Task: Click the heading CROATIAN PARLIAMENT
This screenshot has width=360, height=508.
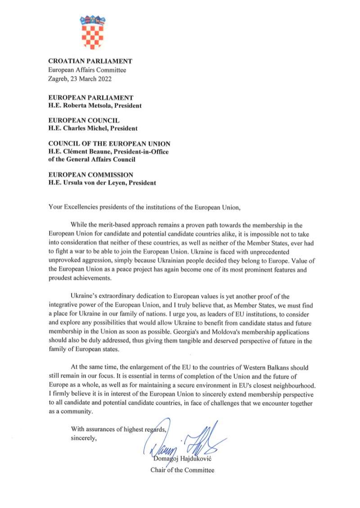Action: pos(90,61)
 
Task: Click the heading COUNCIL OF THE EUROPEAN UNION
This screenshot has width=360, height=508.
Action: pos(109,143)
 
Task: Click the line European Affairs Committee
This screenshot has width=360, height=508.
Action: pos(87,70)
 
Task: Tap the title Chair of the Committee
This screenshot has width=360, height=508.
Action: pos(182,470)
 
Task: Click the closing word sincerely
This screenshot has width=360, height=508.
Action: pos(83,437)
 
